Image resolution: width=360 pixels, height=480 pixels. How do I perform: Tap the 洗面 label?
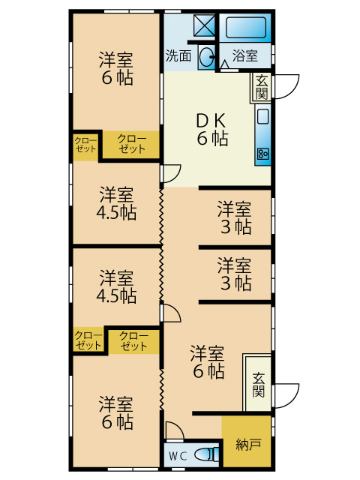pyautogui.click(x=178, y=55)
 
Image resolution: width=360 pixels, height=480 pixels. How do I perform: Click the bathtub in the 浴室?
pyautogui.click(x=246, y=28)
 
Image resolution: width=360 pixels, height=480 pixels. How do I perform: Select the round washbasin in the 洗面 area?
pyautogui.click(x=205, y=58)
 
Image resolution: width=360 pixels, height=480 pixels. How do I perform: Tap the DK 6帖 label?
pyautogui.click(x=212, y=129)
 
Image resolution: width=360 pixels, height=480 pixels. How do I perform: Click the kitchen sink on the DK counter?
pyautogui.click(x=262, y=116)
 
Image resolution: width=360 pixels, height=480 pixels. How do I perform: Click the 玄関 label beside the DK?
pyautogui.click(x=261, y=87)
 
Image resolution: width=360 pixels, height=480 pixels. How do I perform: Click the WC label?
pyautogui.click(x=178, y=455)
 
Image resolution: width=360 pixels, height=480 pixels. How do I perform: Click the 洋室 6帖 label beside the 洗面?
pyautogui.click(x=115, y=67)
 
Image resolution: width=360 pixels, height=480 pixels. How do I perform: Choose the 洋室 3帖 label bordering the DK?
pyautogui.click(x=235, y=216)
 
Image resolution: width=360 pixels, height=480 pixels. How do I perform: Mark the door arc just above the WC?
pyautogui.click(x=173, y=431)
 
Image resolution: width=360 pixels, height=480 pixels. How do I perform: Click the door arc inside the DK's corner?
pyautogui.click(x=172, y=173)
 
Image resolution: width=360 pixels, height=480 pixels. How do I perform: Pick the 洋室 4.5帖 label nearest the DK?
pyautogui.click(x=116, y=203)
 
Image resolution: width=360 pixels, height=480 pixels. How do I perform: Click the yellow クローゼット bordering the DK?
pyautogui.click(x=131, y=144)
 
